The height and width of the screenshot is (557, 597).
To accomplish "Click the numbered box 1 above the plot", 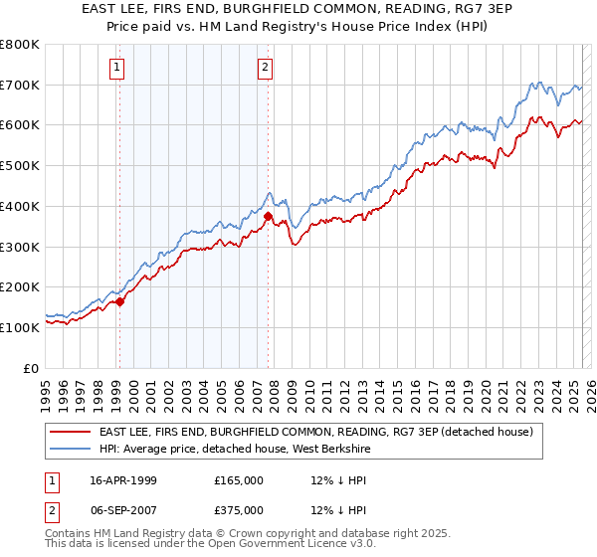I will pyautogui.click(x=117, y=68).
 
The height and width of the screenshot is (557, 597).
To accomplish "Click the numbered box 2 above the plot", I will pyautogui.click(x=266, y=68).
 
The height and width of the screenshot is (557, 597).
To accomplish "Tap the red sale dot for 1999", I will pyautogui.click(x=119, y=301).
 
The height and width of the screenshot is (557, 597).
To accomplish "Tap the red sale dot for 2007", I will pyautogui.click(x=268, y=215).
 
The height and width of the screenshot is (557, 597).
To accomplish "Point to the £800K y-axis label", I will pyautogui.click(x=20, y=45).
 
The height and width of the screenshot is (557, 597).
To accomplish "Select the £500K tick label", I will pyautogui.click(x=20, y=166).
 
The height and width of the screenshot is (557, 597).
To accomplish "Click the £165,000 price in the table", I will pyautogui.click(x=239, y=480).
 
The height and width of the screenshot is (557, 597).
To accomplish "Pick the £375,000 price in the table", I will pyautogui.click(x=239, y=510).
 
